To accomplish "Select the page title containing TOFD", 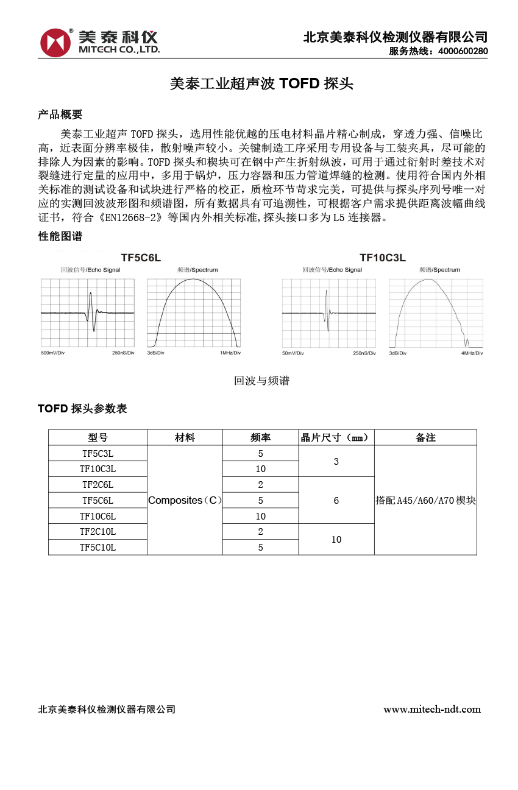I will pos(261,84).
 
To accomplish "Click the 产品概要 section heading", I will pos(60,115).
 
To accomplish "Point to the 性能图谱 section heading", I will pos(60,236).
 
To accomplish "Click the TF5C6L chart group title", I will pos(141,258).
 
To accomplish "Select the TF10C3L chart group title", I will pos(382,258).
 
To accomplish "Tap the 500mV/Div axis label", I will pos(53,353).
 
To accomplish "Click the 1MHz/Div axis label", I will pos(230,353).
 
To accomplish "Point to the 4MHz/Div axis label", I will pos(472,353).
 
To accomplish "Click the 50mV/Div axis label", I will pos(293,353).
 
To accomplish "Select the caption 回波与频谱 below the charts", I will pos(261,381).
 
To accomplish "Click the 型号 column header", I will pos(98,437).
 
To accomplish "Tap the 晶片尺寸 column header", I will pos(336,437).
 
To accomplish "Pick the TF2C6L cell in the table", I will pos(98,485).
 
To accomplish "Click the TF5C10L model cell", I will pos(98,548).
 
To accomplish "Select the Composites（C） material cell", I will pos(185,500).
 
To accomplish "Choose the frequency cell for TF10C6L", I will pos(260,516).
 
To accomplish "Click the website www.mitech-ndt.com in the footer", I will pos(431,709).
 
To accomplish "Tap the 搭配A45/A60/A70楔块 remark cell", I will pos(425,500).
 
